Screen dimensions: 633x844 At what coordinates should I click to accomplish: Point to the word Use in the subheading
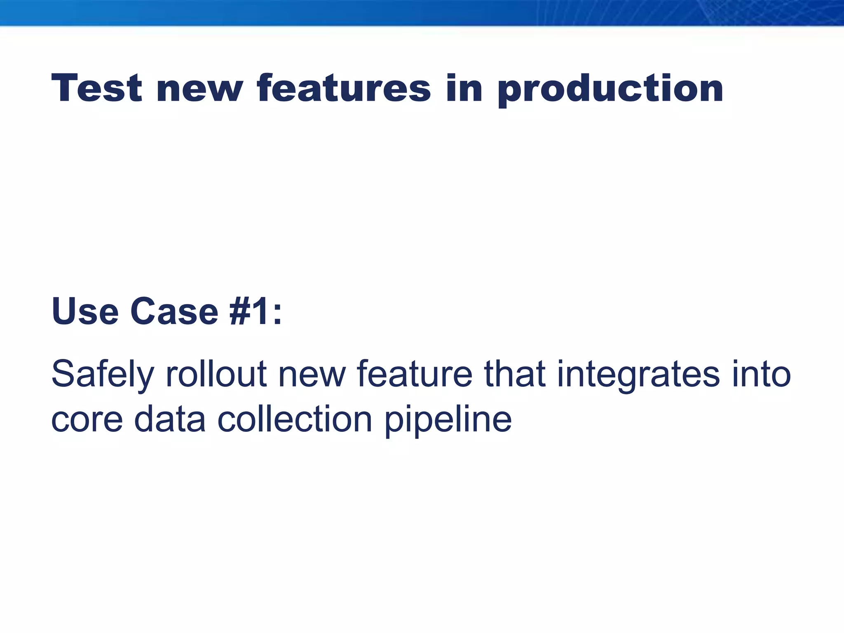coord(85,312)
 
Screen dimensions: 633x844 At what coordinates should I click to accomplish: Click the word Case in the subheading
coord(174,312)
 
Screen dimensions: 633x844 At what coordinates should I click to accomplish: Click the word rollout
coord(216,374)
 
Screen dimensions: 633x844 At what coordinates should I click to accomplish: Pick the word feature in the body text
coord(414,374)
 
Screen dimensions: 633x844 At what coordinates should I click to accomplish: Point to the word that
coord(515,374)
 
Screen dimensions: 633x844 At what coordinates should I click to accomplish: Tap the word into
coord(761,374)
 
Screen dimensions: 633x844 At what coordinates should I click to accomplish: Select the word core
coord(87,420)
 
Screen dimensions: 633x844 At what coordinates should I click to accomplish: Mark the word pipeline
coord(448,420)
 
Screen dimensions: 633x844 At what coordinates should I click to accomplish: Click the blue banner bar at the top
coord(422,12)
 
